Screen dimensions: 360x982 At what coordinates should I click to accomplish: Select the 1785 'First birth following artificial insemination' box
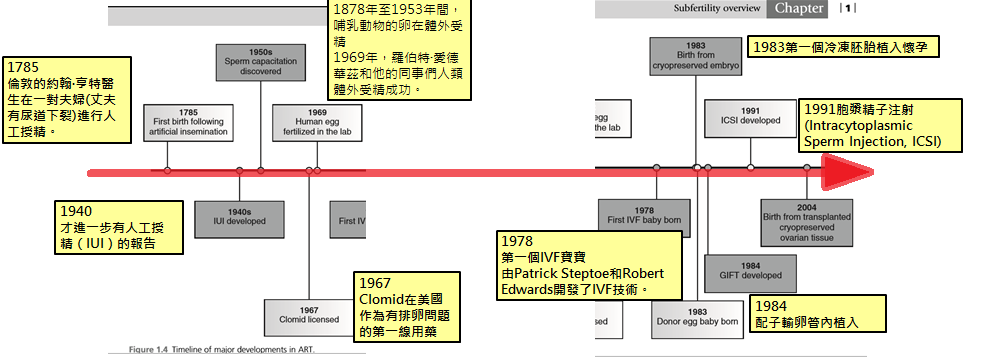[x=188, y=121]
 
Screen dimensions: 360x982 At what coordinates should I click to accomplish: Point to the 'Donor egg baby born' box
[x=697, y=316]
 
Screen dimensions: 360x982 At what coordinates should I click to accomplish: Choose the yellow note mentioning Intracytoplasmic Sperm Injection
[x=879, y=125]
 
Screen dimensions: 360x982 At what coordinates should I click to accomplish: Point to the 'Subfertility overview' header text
[x=717, y=9]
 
